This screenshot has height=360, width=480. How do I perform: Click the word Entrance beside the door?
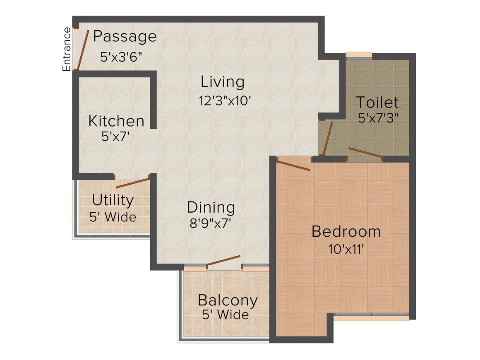(67, 49)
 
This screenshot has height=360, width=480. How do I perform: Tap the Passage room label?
(125, 37)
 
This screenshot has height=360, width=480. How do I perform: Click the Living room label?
(223, 82)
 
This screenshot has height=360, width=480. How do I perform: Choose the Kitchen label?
(116, 122)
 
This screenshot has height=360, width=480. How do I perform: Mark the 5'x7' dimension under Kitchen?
(116, 137)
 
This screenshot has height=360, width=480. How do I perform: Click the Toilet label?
(377, 102)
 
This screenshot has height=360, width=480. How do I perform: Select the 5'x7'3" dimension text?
(378, 118)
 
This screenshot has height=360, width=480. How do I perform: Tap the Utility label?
(113, 200)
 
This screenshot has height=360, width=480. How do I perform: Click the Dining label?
(211, 207)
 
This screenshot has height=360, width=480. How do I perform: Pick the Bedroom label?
(346, 231)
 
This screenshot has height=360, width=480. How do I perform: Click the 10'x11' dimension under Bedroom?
(346, 249)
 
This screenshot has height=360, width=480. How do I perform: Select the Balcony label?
(228, 300)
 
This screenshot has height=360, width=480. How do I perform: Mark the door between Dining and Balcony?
(223, 261)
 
